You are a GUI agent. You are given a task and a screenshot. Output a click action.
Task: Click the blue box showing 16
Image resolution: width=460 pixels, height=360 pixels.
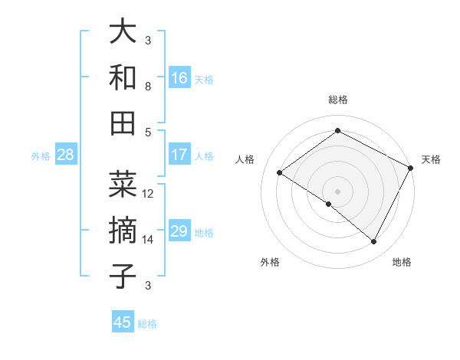[179, 77]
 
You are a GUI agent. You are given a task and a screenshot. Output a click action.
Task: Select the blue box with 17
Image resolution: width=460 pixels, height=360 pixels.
[179, 155]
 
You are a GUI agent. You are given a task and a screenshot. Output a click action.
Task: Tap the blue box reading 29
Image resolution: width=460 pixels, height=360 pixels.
[179, 232]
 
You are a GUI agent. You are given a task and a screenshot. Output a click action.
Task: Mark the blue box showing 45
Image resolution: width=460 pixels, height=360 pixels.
[123, 322]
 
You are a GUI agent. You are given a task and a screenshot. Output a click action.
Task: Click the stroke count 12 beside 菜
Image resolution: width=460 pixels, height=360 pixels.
[148, 194]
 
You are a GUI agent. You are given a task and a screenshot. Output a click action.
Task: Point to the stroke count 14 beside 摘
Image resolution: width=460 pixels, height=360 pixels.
[148, 240]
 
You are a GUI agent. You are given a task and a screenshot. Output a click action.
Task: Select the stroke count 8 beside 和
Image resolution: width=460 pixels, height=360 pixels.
[148, 87]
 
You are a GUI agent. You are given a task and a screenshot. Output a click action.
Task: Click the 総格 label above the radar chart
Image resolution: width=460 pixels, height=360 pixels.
[337, 100]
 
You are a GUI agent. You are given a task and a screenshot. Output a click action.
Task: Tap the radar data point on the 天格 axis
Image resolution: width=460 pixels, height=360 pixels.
[411, 168]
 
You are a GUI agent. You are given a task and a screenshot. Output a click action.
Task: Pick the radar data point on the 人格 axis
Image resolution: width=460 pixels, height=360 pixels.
[280, 172]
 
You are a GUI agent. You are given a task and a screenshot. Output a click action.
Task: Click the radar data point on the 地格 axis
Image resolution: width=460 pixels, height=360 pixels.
[374, 242]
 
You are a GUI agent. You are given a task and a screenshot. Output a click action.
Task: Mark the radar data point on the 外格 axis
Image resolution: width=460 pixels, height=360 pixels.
[329, 204]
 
